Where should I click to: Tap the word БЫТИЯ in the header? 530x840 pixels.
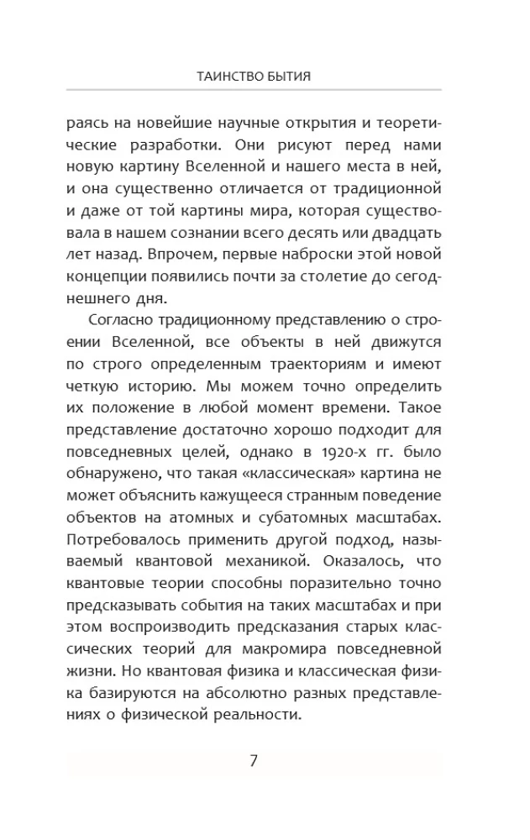click(290, 76)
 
